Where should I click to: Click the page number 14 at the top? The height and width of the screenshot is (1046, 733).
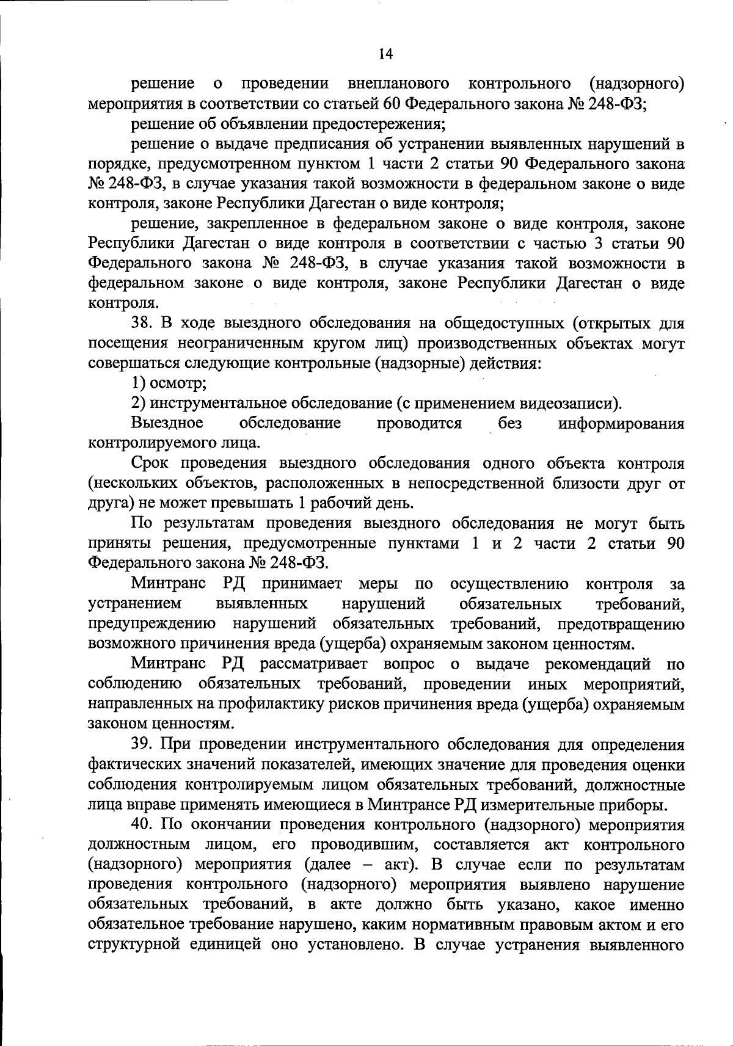(385, 55)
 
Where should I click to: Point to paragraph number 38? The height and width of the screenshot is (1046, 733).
(141, 324)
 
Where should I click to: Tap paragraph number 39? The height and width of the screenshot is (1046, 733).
(141, 745)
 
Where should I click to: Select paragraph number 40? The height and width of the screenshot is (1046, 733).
(141, 825)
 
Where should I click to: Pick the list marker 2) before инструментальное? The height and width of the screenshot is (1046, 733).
(139, 404)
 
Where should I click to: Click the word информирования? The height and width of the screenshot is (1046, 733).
(621, 424)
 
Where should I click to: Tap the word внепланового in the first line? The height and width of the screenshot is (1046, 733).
(398, 84)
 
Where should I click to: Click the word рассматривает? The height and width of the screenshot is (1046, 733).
(314, 664)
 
